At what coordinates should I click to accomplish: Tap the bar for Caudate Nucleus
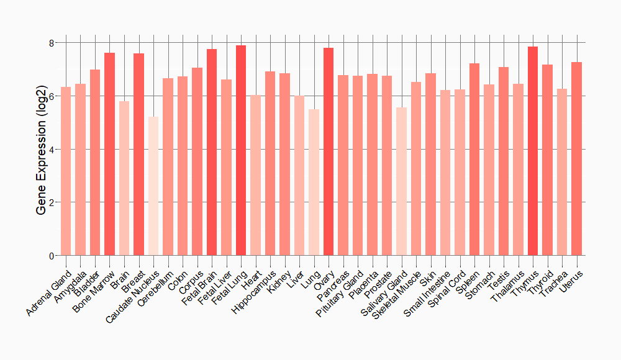point(153,186)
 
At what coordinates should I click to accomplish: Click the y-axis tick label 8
point(52,43)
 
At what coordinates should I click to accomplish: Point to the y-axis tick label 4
point(52,150)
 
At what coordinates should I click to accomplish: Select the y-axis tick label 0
point(52,256)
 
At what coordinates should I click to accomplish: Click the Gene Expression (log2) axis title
point(42,149)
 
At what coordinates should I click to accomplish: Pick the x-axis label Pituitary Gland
point(341,291)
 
